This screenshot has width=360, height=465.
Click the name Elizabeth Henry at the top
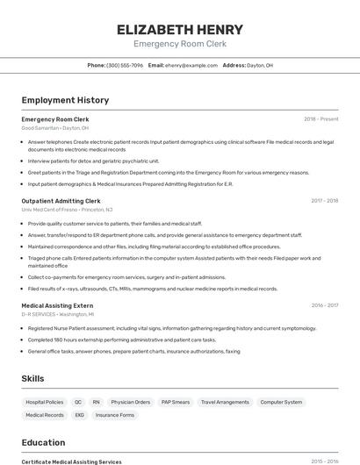pos(179,29)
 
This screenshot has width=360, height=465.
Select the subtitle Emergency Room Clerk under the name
pos(179,44)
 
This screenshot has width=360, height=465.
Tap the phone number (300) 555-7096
pos(125,65)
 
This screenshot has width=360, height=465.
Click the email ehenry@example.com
pos(191,65)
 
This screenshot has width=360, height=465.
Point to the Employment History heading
pos(65,100)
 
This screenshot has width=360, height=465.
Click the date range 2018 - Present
pos(320,118)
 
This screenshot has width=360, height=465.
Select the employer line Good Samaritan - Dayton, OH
pos(54,127)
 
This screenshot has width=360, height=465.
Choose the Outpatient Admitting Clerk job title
pos(61,201)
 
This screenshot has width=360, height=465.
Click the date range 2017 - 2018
pos(324,201)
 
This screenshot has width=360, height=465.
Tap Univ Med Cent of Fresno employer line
pos(67,210)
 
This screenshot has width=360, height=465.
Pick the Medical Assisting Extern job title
pos(57,305)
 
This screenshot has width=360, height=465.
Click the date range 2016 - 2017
pos(324,305)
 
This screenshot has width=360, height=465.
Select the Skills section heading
pos(33,378)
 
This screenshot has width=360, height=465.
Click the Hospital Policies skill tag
pos(44,402)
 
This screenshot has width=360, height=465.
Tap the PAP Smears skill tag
pos(176,402)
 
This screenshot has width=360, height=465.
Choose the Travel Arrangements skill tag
pos(225,402)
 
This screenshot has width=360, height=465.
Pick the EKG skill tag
pos(80,415)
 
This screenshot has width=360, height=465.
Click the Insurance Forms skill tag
pos(115,415)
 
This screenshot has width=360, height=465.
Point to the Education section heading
pos(43,442)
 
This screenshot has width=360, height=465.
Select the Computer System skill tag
pos(281,402)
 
